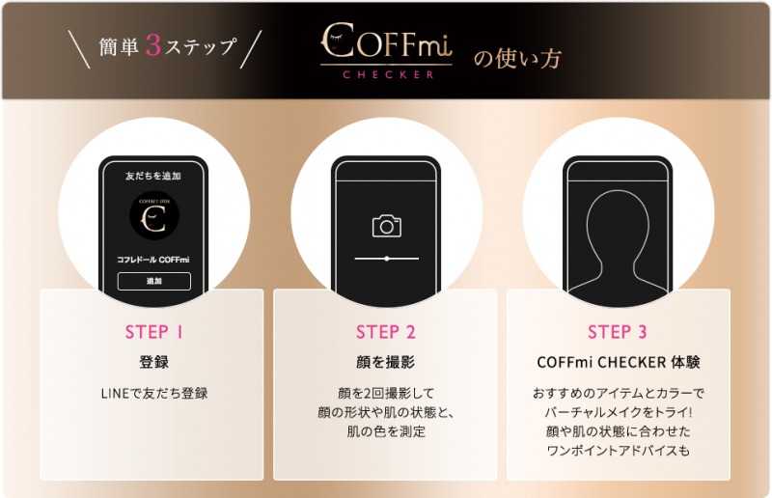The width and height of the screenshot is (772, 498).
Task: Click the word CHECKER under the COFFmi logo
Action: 386,73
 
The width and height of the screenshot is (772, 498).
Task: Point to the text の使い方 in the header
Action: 516,58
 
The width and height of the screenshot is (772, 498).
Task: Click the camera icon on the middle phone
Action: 386,226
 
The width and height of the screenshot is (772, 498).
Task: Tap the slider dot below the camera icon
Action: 387,259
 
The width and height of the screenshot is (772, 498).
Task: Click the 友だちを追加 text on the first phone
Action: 154,177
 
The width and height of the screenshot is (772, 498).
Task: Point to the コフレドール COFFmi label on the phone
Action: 154,261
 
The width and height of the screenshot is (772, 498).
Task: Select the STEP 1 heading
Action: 154,333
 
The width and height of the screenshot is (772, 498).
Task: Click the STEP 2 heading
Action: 386,333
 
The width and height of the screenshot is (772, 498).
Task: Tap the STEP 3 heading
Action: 618,333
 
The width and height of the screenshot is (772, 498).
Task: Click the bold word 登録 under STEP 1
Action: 154,363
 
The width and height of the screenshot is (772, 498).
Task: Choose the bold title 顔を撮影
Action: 386,363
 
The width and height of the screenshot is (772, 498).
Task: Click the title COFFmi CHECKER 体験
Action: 618,363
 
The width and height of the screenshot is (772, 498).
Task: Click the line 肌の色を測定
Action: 386,431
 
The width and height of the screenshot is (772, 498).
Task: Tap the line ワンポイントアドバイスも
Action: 618,451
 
